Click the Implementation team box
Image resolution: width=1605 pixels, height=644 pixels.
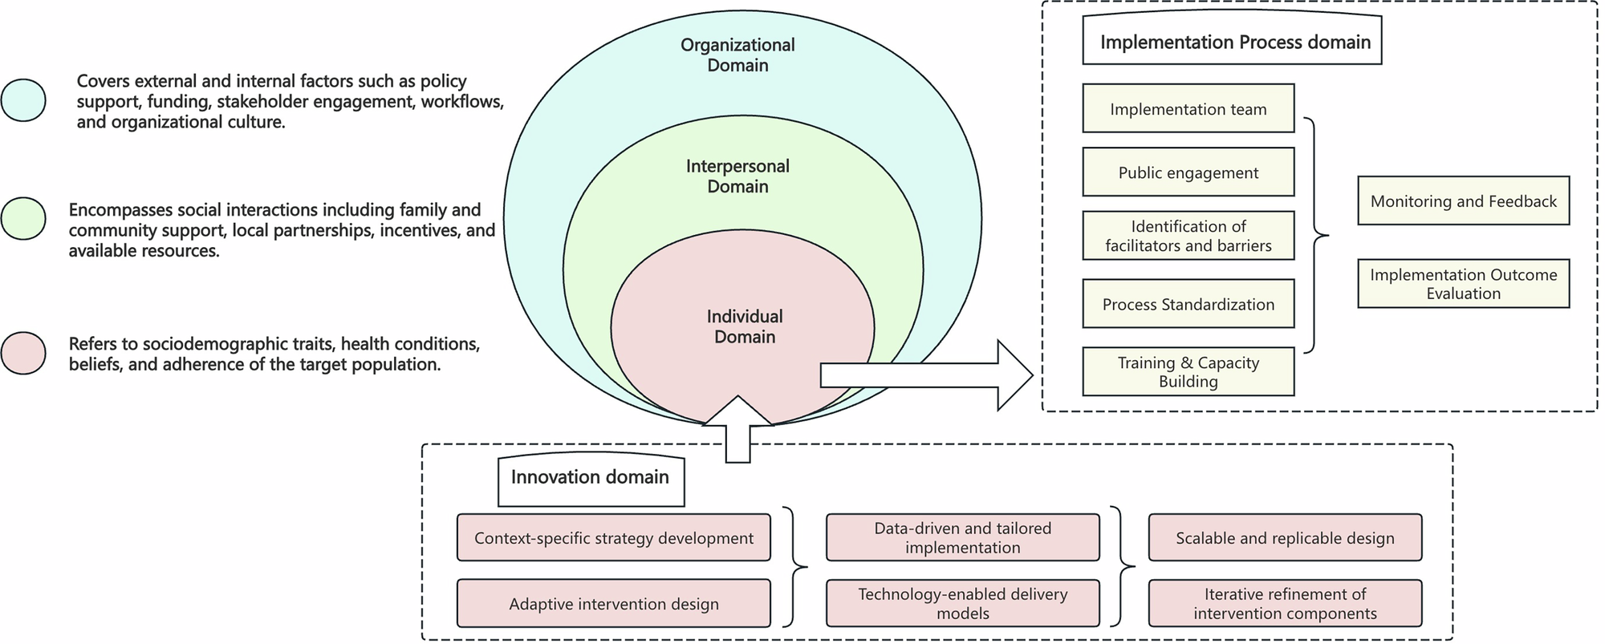click(1188, 108)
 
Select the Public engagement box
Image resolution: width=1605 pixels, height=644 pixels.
click(1188, 172)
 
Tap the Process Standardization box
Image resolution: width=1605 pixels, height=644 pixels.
click(1188, 304)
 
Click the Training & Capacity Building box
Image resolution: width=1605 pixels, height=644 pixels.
click(1188, 371)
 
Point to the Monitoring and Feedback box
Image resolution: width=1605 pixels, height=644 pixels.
click(1463, 200)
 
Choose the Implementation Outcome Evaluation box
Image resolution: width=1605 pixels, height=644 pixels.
click(1463, 283)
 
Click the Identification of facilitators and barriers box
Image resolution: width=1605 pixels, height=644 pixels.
click(1188, 236)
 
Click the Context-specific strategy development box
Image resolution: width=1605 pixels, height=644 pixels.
click(613, 537)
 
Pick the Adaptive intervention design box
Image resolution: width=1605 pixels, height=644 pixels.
click(613, 603)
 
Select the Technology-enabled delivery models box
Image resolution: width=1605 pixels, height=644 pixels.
click(962, 603)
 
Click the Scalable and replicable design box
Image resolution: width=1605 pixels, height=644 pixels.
click(1285, 537)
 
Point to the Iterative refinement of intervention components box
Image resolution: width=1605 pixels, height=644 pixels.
click(1285, 603)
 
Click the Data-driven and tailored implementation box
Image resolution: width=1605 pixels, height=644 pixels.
click(962, 537)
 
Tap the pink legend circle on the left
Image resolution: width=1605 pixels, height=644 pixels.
click(23, 353)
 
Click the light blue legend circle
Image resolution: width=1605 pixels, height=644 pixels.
click(23, 100)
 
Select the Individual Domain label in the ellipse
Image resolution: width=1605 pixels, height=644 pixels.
click(744, 326)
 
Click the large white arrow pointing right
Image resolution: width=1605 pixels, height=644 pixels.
click(923, 375)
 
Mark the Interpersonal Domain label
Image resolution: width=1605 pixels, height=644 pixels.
click(737, 176)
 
